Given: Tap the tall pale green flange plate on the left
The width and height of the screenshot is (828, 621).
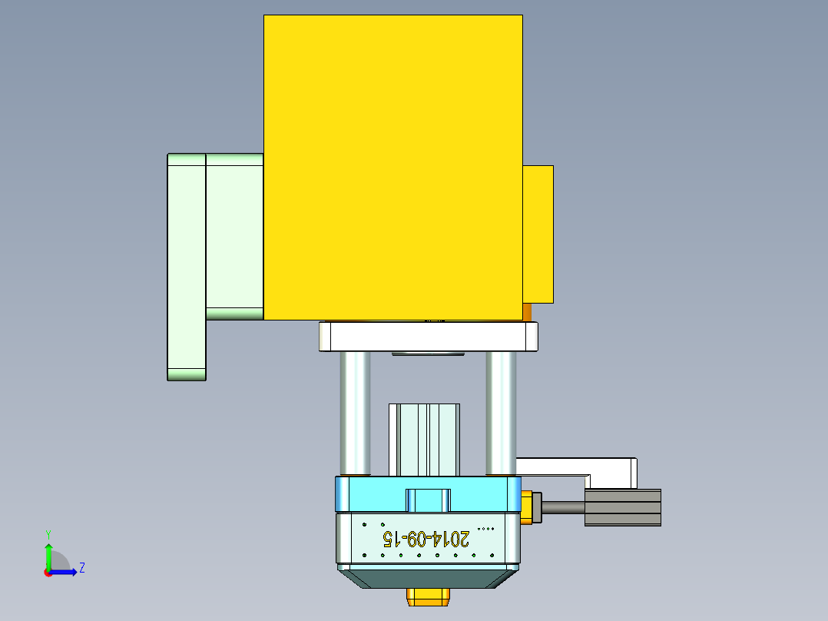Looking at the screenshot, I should click(x=187, y=266).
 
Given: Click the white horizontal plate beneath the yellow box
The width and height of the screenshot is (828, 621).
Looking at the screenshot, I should click(x=428, y=337).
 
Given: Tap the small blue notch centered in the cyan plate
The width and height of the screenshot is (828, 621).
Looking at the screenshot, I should click(x=428, y=500).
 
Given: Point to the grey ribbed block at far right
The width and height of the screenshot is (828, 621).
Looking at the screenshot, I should click(x=622, y=507).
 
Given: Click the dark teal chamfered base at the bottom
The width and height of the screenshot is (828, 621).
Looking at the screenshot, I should click(x=428, y=578).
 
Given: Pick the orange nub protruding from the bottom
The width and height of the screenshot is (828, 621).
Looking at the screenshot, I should click(x=428, y=596).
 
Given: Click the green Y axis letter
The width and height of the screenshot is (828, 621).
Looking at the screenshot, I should click(x=48, y=533).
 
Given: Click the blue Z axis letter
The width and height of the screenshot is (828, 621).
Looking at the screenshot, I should click(x=81, y=568).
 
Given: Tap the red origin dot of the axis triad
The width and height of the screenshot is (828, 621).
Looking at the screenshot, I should click(x=48, y=572).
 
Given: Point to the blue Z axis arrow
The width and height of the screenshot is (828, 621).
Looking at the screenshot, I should click(x=66, y=571).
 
